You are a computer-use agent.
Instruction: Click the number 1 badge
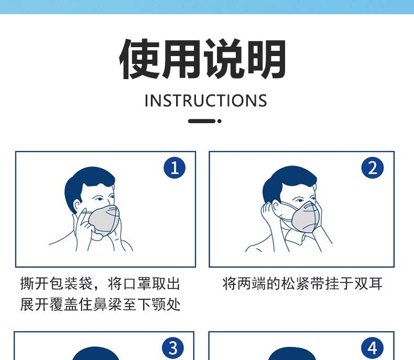coord(175,168)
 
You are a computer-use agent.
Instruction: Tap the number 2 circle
coord(372,168)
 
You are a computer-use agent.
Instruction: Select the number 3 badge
coord(173,348)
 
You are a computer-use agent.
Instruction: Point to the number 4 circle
coord(372,348)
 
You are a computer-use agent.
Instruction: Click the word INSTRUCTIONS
coord(206,101)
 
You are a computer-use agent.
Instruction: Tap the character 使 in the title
coord(139,59)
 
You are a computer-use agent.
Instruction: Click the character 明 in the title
coord(265,59)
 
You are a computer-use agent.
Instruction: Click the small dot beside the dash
coord(220,121)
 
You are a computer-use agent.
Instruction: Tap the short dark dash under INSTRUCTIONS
coord(202,121)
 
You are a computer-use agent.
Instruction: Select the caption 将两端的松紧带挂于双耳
coord(302,283)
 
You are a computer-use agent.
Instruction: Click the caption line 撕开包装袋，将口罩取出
coord(100,283)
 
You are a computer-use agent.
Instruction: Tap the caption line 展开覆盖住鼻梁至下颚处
coord(100,304)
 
